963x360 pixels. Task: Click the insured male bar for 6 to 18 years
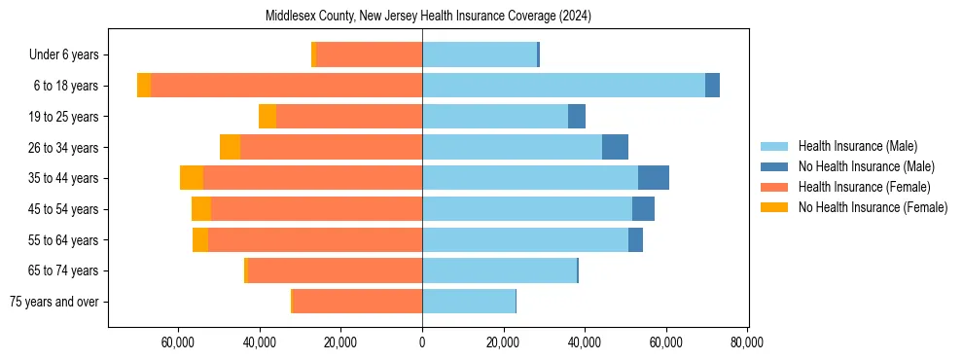click(x=563, y=86)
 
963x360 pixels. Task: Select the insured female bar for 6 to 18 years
click(x=286, y=86)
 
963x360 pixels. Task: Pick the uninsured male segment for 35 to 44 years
click(x=653, y=178)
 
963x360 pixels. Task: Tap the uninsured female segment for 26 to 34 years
click(x=230, y=147)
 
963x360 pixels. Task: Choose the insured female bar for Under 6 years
click(x=369, y=55)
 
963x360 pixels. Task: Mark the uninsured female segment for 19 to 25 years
click(x=267, y=117)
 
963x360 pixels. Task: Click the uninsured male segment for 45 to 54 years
click(x=643, y=209)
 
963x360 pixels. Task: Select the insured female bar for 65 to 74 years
click(x=335, y=270)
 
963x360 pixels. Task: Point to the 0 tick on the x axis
click(x=422, y=342)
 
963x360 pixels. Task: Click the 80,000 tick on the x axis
click(x=746, y=342)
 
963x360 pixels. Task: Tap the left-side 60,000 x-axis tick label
click(x=178, y=342)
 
